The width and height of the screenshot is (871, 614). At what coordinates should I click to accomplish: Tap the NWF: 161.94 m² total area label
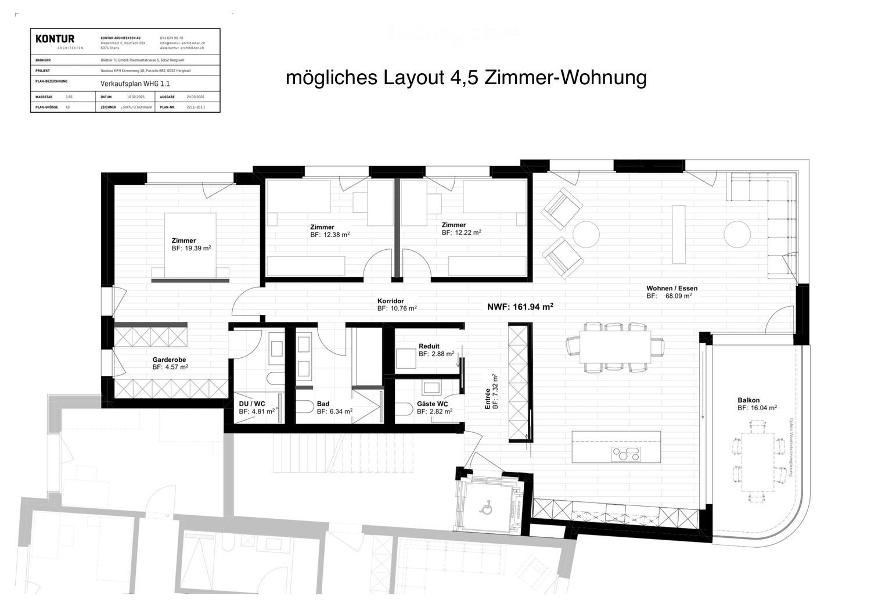[520, 307]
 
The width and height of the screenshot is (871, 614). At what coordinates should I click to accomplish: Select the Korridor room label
[390, 301]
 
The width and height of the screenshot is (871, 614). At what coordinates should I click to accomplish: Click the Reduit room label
[429, 346]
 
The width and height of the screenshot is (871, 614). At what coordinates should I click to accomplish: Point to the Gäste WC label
[432, 404]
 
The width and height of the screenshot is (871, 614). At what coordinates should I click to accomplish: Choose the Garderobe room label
[169, 360]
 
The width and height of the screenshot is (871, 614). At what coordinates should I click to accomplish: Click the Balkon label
[748, 400]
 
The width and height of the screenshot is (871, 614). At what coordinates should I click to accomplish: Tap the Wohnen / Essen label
[672, 288]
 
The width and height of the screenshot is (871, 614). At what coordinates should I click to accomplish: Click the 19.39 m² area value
[197, 248]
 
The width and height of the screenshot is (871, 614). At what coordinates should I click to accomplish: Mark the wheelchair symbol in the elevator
[485, 509]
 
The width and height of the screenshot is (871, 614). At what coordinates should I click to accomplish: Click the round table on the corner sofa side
[737, 235]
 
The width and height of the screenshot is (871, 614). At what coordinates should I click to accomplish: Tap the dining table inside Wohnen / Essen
[616, 347]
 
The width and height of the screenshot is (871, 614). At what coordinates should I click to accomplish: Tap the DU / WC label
[252, 404]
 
